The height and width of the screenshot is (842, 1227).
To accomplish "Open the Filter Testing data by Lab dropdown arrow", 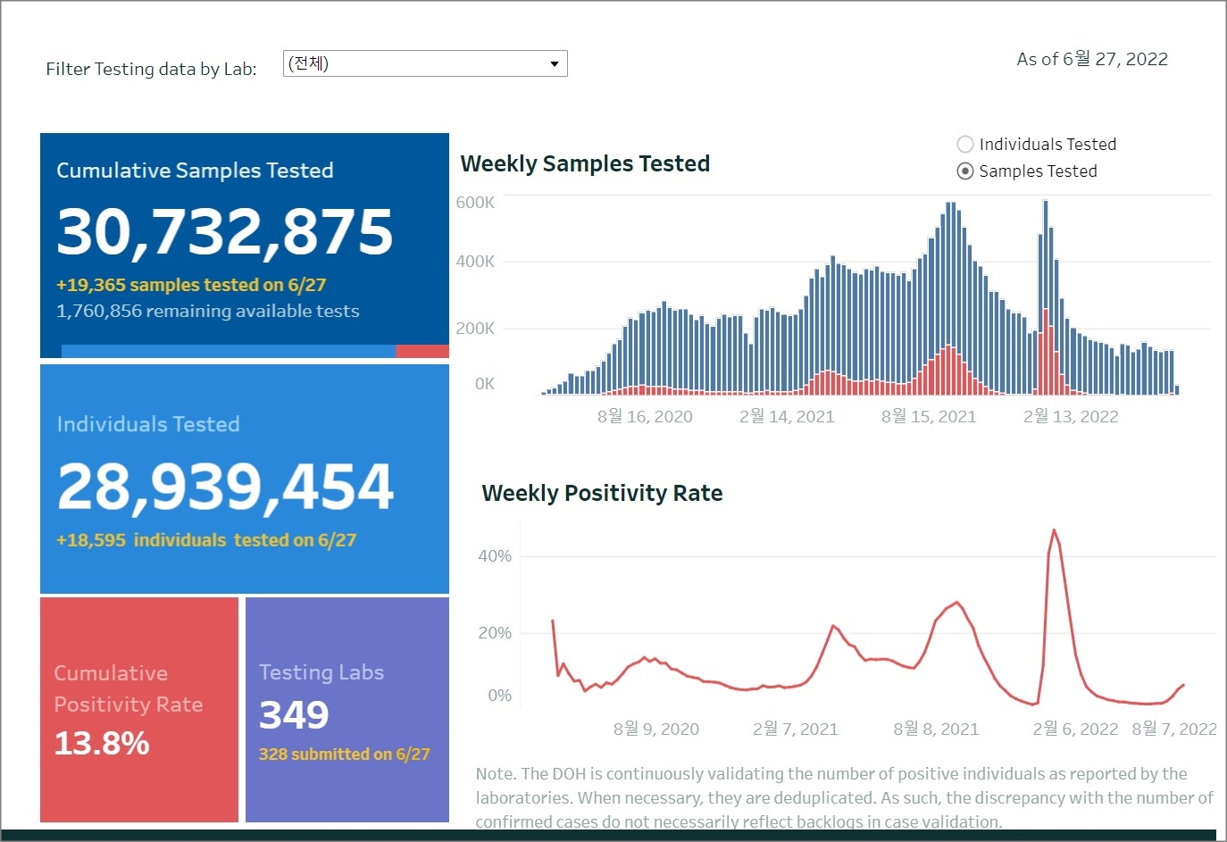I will pyautogui.click(x=555, y=63).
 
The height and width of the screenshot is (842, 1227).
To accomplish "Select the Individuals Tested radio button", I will pyautogui.click(x=965, y=145).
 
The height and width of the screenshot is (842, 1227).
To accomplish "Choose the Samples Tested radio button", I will pyautogui.click(x=965, y=171).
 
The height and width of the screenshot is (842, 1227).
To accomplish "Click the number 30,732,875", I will pyautogui.click(x=225, y=231).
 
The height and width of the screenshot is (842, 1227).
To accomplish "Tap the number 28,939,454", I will pyautogui.click(x=225, y=487).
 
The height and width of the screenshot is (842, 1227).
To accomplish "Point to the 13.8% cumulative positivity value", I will pyautogui.click(x=102, y=743).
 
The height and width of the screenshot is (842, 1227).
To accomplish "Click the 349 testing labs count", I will pyautogui.click(x=294, y=714).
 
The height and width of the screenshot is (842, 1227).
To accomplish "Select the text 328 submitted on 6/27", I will pyautogui.click(x=344, y=754).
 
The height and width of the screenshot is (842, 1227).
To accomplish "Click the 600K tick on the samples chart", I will pyautogui.click(x=475, y=203).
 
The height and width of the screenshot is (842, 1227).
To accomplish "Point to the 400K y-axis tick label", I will pyautogui.click(x=475, y=262).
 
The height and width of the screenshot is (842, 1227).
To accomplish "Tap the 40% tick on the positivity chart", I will pyautogui.click(x=495, y=556).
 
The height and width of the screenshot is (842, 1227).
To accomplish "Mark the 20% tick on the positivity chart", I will pyautogui.click(x=495, y=633).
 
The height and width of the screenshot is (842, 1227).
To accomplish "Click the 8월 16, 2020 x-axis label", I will pyautogui.click(x=645, y=417).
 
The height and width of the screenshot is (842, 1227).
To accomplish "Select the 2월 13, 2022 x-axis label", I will pyautogui.click(x=1071, y=417).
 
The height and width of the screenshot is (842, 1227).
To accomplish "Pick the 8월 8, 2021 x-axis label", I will pyautogui.click(x=936, y=729).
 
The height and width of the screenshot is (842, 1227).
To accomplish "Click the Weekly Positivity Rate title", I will pyautogui.click(x=602, y=493).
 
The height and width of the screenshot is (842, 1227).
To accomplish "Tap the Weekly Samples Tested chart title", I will pyautogui.click(x=585, y=163).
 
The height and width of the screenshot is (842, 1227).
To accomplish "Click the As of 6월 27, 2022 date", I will pyautogui.click(x=1092, y=59).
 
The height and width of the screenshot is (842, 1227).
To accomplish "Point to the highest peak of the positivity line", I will pyautogui.click(x=1055, y=530).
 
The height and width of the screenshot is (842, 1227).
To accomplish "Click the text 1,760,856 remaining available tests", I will pyautogui.click(x=207, y=311).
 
